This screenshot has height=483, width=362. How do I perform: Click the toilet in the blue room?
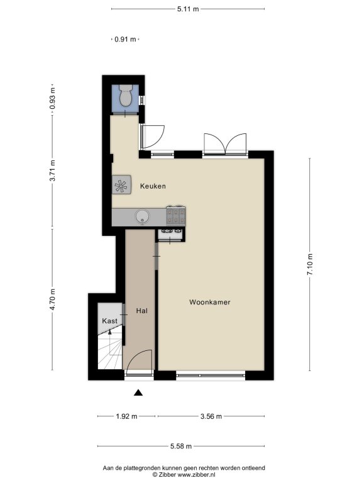[126, 96]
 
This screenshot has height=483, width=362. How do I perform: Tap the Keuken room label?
[153, 186]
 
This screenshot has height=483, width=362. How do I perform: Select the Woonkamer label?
[210, 302]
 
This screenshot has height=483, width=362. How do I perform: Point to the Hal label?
[142, 311]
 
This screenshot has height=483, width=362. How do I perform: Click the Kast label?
[109, 321]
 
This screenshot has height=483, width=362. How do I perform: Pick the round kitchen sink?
[143, 217]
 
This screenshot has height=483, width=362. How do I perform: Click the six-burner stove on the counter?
[176, 215]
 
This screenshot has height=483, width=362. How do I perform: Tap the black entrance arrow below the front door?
[138, 392]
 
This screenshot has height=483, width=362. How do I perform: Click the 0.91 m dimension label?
[125, 39]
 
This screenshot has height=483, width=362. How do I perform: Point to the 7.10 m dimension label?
[310, 264]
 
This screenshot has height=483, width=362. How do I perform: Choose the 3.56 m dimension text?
[211, 416]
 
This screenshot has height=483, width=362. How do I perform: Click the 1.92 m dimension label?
[126, 416]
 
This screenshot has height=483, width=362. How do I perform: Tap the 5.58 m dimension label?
[181, 446]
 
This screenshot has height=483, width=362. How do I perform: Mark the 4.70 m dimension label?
[52, 299]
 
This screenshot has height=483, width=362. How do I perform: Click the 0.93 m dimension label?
[52, 99]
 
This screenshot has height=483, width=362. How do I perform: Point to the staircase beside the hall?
[110, 351]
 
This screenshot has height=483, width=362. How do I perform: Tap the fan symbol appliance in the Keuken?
[121, 184]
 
